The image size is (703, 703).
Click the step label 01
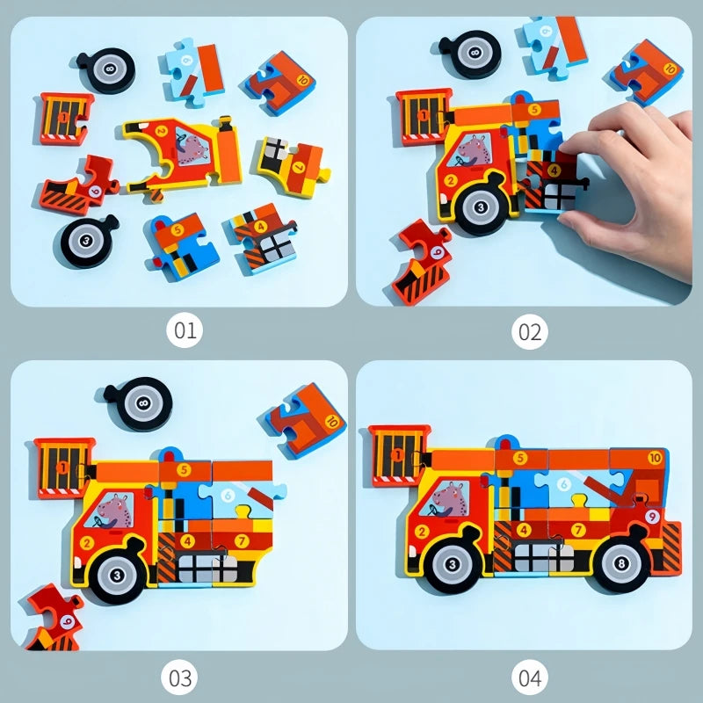pos(185,332)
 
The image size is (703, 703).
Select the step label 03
pos(180,678)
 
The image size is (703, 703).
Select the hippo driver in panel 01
pos(188,145)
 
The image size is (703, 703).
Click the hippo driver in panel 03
pos(115,511)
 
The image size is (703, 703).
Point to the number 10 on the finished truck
pos(655,458)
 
